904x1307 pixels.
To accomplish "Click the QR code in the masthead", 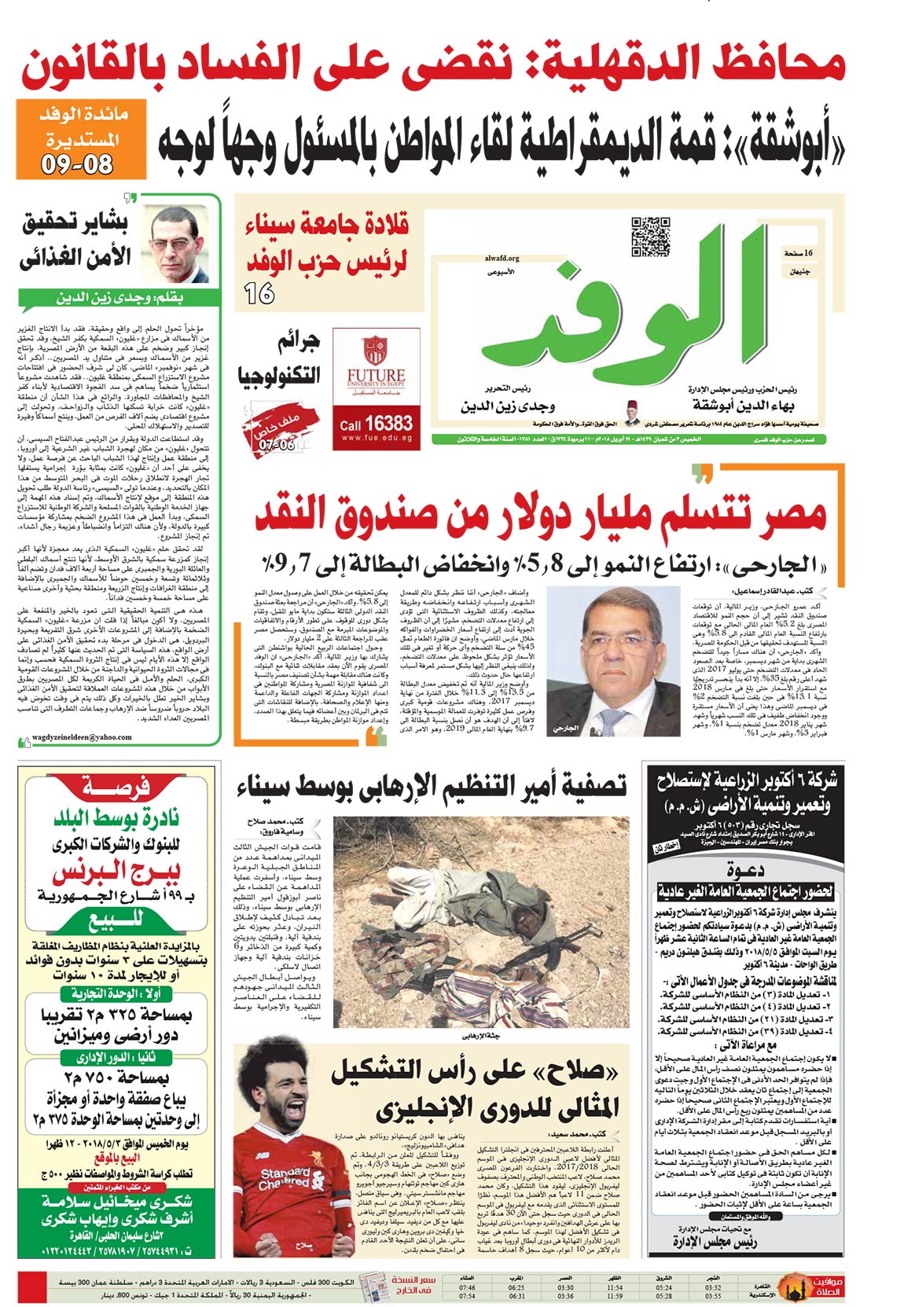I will click(x=650, y=237).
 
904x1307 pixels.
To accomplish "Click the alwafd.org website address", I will click(x=498, y=258).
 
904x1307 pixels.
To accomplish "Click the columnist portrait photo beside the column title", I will click(x=180, y=244).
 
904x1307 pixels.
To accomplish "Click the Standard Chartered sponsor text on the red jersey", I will click(x=285, y=1178).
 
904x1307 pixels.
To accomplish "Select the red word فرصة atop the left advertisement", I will click(x=116, y=786).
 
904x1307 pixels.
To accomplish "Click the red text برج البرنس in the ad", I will click(x=116, y=872).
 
